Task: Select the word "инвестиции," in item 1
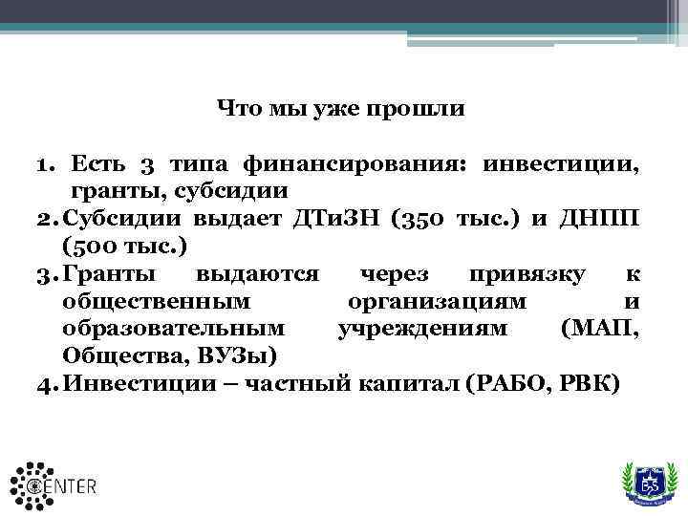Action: pyautogui.click(x=560, y=164)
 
